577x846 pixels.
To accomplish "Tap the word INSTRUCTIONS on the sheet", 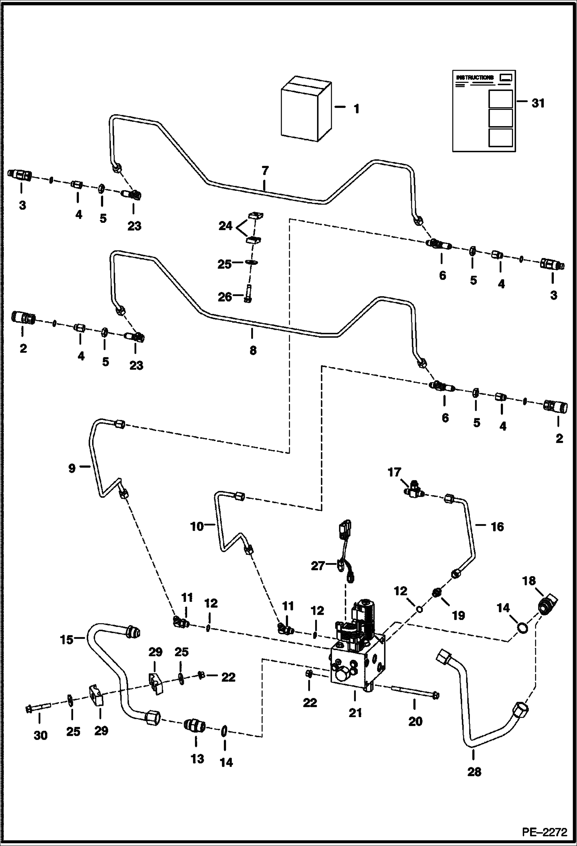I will point(475,78).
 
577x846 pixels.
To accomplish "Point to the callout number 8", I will point(253,350).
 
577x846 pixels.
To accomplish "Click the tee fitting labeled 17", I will point(413,490).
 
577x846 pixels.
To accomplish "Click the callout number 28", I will point(474,772).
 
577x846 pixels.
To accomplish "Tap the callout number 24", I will point(225,226).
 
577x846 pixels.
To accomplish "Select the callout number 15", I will point(66,640).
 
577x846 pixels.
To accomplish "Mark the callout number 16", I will point(497,527).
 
